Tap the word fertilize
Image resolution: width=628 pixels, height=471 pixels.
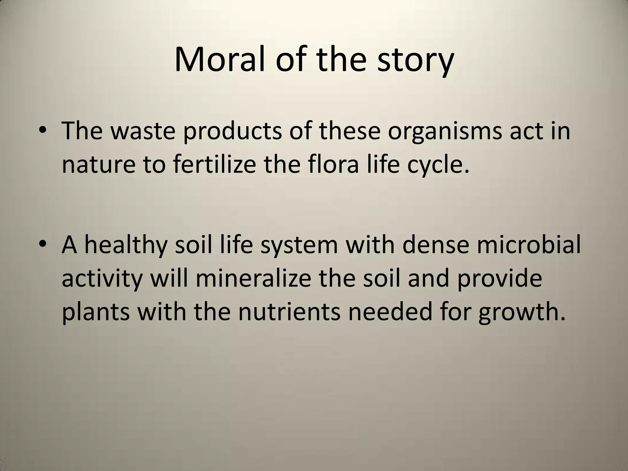214,164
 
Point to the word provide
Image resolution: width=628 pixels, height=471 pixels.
500,279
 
